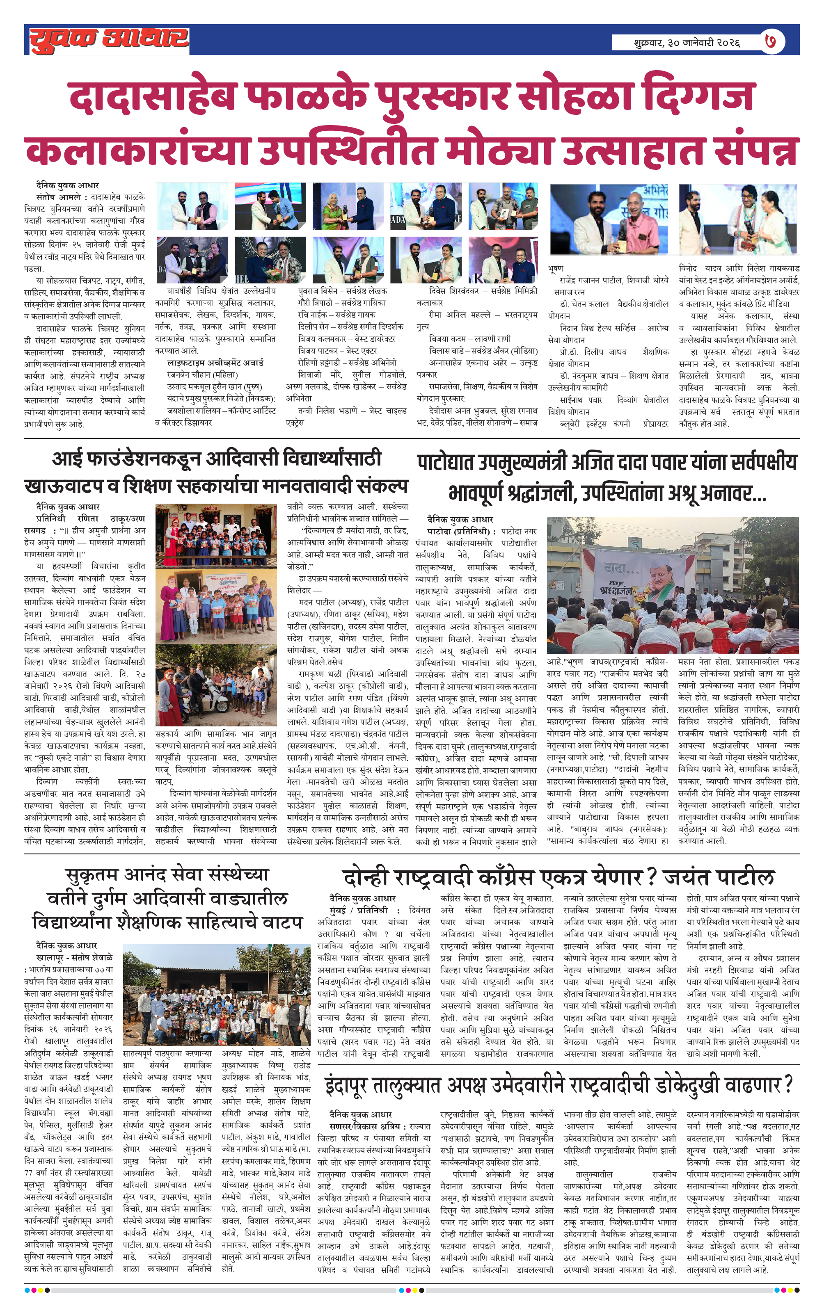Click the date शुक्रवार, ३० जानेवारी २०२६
click(686, 42)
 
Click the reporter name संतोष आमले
click(58, 197)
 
